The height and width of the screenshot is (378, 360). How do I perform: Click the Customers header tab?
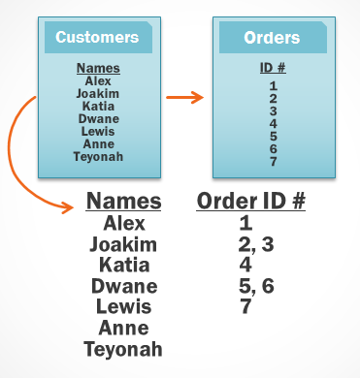coord(97,38)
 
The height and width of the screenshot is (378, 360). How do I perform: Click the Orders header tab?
coord(271,38)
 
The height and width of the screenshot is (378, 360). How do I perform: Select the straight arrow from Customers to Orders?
coord(184,97)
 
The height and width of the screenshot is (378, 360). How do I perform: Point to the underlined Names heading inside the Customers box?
coord(97,69)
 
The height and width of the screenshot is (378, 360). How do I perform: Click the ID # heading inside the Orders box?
coord(272,69)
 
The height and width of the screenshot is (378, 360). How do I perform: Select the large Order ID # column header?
coord(251,202)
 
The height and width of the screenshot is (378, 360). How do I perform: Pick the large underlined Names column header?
coord(124,202)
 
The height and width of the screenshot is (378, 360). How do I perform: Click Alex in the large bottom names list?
coord(124,224)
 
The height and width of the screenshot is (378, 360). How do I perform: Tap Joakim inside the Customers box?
coord(97,94)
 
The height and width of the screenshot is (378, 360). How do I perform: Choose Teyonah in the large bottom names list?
coord(124,349)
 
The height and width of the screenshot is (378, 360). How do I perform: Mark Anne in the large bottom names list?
coord(124,329)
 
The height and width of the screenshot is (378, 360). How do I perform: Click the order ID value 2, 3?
coord(256,244)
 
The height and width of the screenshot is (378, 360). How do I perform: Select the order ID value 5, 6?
coord(256,286)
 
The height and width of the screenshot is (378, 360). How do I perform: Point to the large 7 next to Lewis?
coord(245,307)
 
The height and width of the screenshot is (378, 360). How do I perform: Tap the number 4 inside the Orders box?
coord(273,123)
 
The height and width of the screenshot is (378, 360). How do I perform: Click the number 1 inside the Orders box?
coord(273,85)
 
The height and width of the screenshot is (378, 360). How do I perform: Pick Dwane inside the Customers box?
coord(97,119)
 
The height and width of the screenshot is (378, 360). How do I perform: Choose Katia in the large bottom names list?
coord(124,266)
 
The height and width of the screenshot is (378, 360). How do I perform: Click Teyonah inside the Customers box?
coord(97,156)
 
